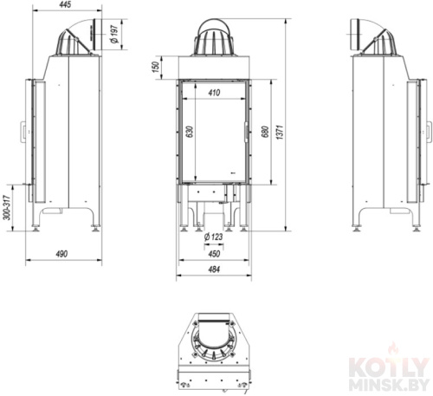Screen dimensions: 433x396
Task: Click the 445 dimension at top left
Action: point(67,4)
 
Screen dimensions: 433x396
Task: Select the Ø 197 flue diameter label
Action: point(115,34)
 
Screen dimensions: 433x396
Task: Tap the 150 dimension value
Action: point(156,67)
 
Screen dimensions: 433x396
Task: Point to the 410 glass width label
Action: point(214,93)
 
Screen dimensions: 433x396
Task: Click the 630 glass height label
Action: point(190,132)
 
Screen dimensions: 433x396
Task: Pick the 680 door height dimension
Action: point(266,132)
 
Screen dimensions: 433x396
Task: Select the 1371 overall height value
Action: point(280,132)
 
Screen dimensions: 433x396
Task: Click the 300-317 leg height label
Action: point(7,207)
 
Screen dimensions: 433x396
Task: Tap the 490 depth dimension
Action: point(61,254)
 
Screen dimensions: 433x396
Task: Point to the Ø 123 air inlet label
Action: point(213,237)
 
